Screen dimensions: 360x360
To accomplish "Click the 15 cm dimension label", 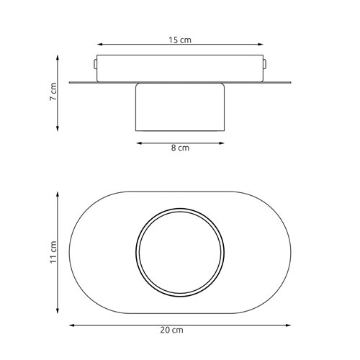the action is (180, 40).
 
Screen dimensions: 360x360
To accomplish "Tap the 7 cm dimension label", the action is (53, 91).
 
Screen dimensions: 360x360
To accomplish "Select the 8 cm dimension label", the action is (180, 148).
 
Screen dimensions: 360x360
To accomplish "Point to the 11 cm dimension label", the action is (53, 252).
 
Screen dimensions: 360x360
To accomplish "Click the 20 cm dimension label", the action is (172, 330).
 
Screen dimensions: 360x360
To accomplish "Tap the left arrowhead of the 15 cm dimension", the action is (100, 45).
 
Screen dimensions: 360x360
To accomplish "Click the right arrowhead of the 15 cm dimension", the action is (261, 45).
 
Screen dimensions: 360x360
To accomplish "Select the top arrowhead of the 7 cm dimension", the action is (58, 58).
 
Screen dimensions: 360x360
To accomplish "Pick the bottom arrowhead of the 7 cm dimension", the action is (58, 128).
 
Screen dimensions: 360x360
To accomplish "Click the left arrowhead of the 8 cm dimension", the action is (140, 143).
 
